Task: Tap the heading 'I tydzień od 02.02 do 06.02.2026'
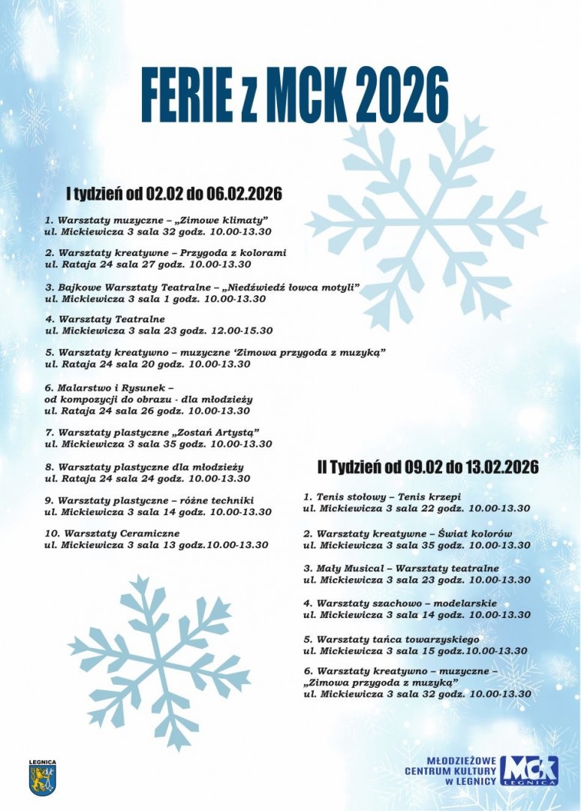[174, 194]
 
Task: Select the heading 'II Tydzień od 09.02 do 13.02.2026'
[428, 467]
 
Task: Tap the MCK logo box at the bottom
[530, 770]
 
